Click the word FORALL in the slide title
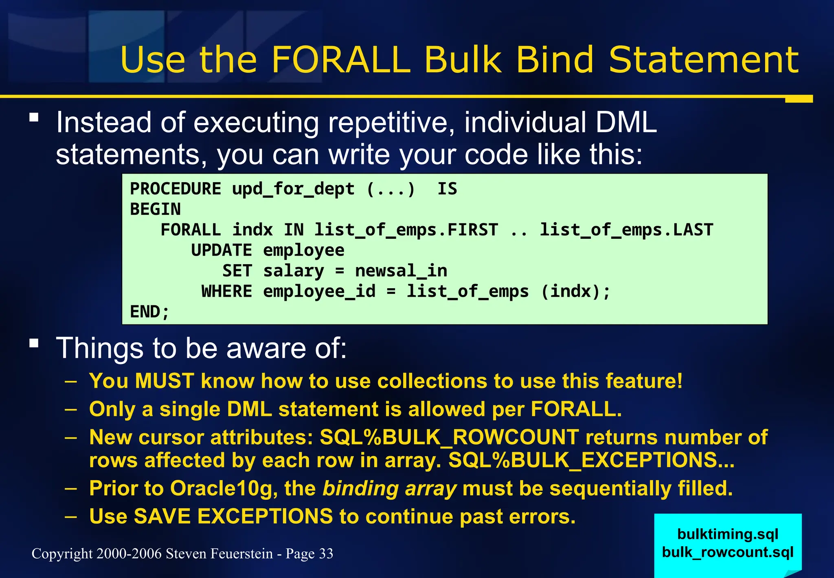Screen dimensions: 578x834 (340, 60)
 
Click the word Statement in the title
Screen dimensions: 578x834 (703, 60)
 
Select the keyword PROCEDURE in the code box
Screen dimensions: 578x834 (176, 189)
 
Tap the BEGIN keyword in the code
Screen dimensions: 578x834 (155, 210)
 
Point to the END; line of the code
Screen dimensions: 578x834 (149, 312)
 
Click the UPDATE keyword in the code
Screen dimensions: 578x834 (221, 250)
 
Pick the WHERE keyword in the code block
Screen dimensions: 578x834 (226, 291)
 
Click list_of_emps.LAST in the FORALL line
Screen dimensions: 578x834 (626, 230)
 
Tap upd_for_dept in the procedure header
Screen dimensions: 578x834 (293, 189)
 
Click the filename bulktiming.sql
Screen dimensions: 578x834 (728, 534)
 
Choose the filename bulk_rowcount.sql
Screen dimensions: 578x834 (728, 552)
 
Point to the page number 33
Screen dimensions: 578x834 (326, 554)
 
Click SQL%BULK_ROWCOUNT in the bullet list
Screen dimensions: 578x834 (449, 437)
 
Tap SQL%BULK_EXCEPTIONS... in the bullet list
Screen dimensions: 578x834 (591, 460)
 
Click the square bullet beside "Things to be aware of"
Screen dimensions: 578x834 (34, 343)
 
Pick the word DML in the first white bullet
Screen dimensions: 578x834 (626, 122)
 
